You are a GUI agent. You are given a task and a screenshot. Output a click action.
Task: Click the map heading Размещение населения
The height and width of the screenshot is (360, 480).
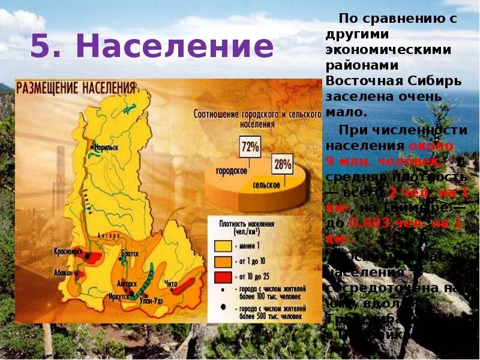[76, 88]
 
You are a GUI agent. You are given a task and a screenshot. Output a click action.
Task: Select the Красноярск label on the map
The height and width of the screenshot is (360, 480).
[67, 250]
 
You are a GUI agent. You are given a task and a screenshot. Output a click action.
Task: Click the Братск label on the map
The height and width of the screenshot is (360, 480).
[130, 254]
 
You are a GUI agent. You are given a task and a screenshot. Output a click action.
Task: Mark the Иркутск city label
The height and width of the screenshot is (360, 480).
[118, 296]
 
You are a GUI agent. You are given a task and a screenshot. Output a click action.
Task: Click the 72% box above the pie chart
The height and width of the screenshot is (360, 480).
[250, 146]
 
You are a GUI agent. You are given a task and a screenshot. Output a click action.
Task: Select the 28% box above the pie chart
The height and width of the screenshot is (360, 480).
[282, 164]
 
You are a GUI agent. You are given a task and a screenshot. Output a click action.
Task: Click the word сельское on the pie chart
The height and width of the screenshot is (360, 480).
[266, 185]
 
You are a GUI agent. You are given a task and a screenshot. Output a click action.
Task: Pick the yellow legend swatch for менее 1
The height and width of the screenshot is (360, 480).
[222, 246]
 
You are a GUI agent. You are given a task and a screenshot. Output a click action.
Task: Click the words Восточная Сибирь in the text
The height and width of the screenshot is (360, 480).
[394, 80]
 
